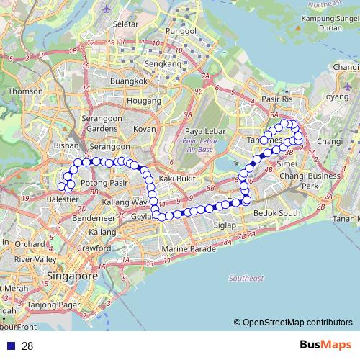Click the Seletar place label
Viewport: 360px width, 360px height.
click(x=125, y=24)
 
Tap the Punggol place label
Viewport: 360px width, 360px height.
click(x=181, y=32)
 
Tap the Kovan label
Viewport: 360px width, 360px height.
click(x=145, y=129)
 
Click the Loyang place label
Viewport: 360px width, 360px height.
click(x=335, y=96)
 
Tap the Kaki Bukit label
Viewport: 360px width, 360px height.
click(x=177, y=178)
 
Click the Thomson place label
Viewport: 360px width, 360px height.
click(x=26, y=91)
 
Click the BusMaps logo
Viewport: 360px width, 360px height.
click(x=325, y=345)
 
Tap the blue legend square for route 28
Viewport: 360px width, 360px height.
click(x=11, y=346)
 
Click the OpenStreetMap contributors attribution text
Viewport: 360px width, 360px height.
click(x=297, y=323)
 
